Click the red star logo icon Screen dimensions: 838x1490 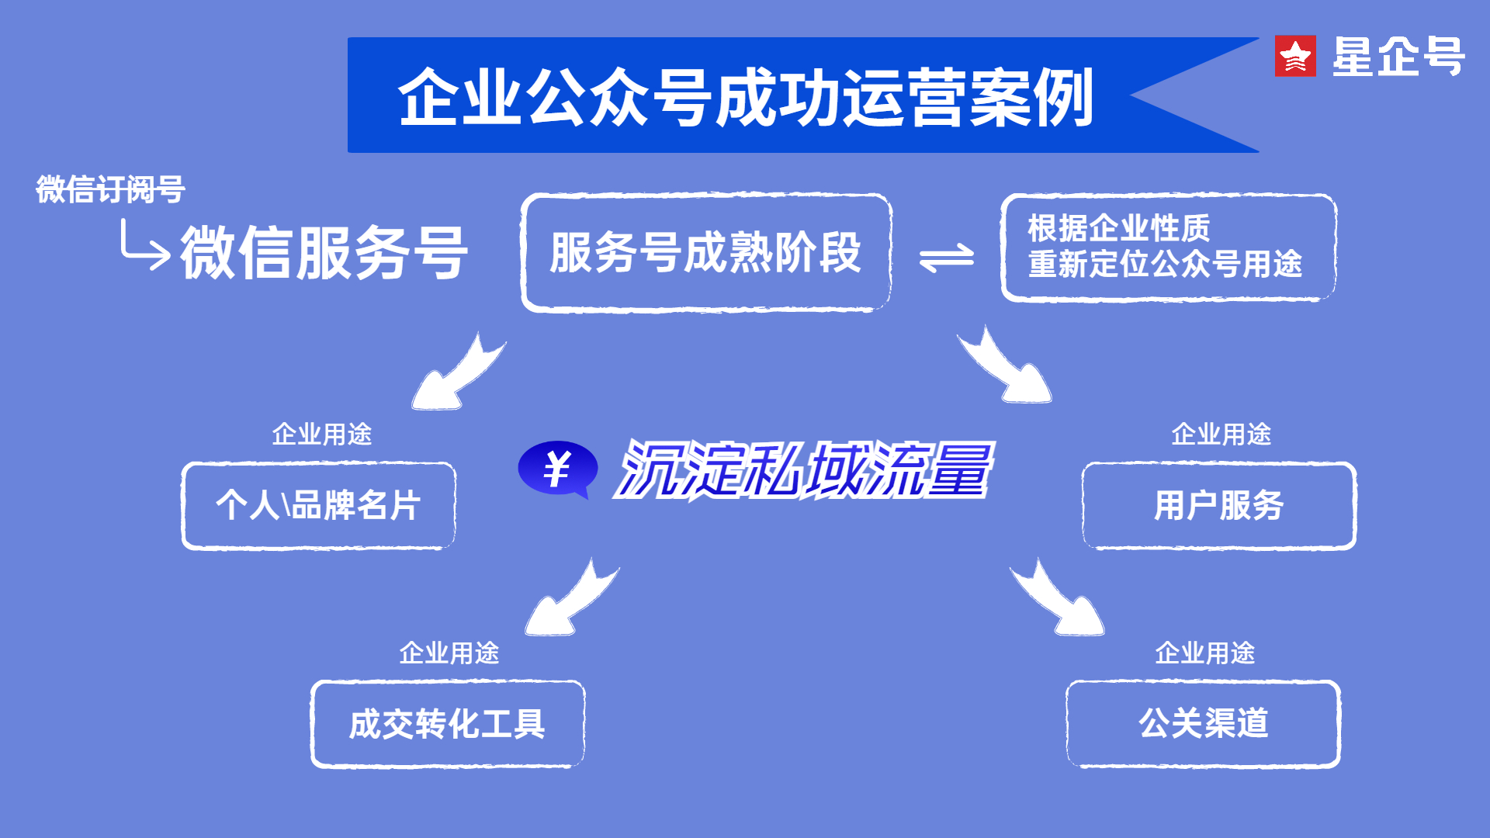click(x=1295, y=56)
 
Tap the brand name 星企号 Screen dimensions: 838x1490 click(x=1398, y=57)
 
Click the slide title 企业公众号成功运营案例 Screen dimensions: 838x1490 click(x=745, y=97)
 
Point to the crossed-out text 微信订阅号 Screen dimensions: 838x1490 click(x=110, y=189)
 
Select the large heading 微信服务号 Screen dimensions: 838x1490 click(x=324, y=253)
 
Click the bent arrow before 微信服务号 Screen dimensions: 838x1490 click(x=144, y=246)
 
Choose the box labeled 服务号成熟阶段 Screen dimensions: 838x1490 click(x=706, y=252)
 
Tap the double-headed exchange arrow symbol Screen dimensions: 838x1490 click(x=946, y=258)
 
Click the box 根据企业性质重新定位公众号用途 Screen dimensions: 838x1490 click(x=1168, y=247)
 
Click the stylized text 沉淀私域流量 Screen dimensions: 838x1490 click(x=803, y=469)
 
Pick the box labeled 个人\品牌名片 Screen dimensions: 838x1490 click(x=318, y=506)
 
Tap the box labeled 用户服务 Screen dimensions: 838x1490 click(x=1218, y=506)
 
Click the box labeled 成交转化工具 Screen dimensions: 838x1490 click(x=447, y=724)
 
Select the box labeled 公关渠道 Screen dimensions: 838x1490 click(x=1203, y=724)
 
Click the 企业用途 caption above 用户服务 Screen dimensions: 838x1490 click(x=1221, y=434)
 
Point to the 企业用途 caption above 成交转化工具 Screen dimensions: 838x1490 click(x=449, y=653)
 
